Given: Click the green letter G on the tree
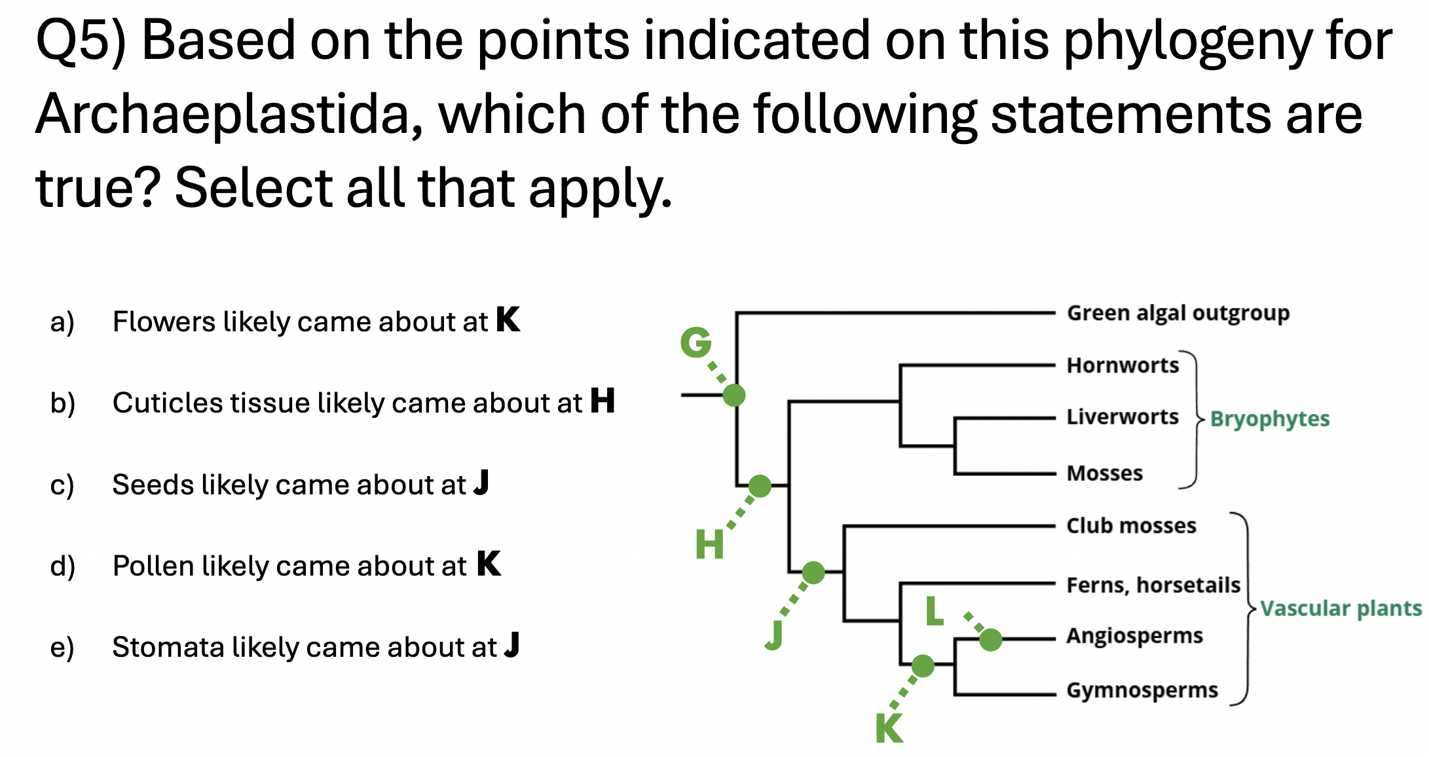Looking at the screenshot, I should point(696,342).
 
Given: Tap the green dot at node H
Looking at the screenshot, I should point(760,486).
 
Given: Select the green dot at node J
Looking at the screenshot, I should point(813,572).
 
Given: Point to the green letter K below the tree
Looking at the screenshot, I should point(889,728).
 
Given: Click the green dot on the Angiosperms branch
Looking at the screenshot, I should point(990,639).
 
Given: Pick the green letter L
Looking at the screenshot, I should point(935,612).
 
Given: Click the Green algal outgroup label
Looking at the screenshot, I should point(1178,313).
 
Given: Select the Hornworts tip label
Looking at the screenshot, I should point(1123,365).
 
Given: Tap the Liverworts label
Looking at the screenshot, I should point(1123,416).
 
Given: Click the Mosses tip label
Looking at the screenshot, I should point(1104,473).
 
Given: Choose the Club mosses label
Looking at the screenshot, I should point(1131,525).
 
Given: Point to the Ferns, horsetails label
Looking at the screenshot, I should point(1153,584).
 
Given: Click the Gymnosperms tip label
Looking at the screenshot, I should point(1142,690).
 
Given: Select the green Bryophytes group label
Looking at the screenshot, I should point(1269,418).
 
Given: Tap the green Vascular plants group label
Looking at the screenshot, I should point(1341,608).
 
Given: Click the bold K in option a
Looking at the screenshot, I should point(508,320).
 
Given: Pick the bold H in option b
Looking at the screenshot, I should point(603,401).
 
